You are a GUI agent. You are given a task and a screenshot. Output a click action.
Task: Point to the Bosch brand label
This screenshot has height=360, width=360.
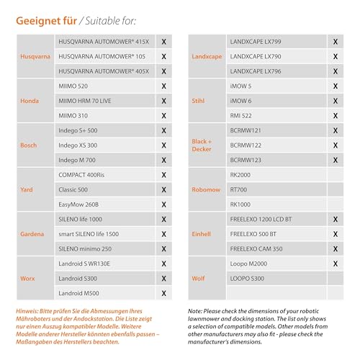pos(29,145)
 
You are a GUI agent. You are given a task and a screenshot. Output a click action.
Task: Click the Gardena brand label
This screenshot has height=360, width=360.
pos(32,234)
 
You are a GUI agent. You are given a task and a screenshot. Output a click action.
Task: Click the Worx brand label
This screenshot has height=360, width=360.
pos(28,279)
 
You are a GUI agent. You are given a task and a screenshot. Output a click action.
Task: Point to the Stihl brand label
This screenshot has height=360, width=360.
pos(199,101)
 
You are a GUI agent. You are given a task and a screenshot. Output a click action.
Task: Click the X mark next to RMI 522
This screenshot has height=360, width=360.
pos(335,116)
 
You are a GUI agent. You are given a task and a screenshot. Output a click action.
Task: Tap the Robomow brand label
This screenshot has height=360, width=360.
pos(205,190)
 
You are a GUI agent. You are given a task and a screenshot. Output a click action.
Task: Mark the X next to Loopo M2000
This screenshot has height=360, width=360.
pos(335,264)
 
